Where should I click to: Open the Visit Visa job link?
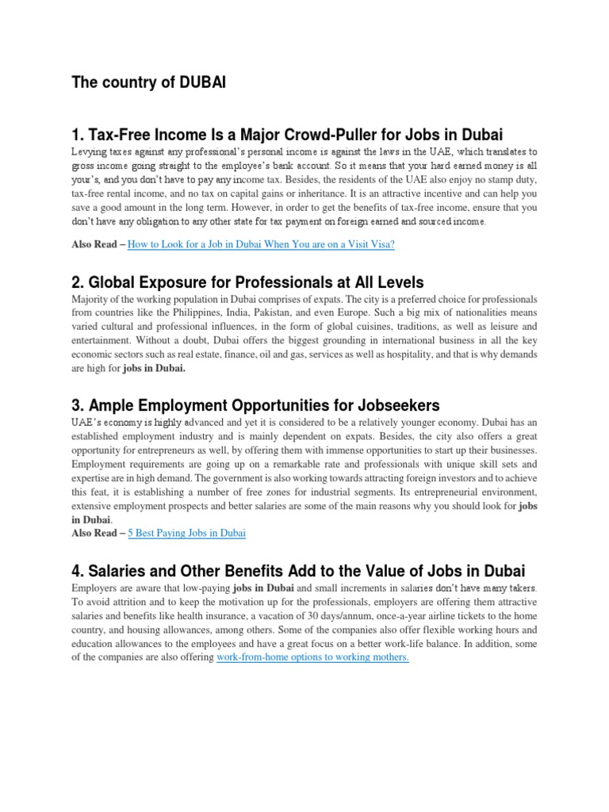tap(260, 245)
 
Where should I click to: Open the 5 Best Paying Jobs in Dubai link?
tap(187, 534)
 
